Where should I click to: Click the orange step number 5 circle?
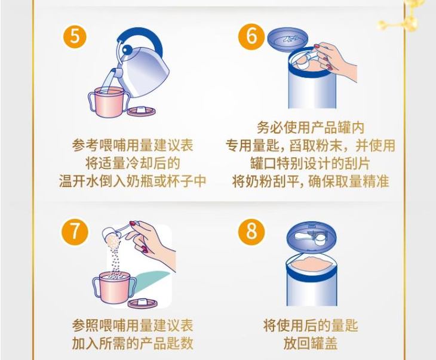[x=75, y=36]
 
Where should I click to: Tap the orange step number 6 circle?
[x=251, y=36]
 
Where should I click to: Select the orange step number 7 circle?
[x=75, y=232]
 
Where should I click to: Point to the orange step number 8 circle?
[x=251, y=231]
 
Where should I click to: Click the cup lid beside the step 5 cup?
[x=142, y=110]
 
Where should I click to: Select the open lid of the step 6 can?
[x=288, y=39]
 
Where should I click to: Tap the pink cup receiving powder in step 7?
[x=114, y=288]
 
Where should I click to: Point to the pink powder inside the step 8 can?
[x=311, y=264]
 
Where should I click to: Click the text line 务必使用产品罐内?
[x=311, y=128]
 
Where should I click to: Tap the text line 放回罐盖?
[x=311, y=343]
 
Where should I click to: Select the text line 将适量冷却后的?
[x=133, y=163]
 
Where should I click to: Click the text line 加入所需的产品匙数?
[x=133, y=343]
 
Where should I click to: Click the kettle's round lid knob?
[x=127, y=50]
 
